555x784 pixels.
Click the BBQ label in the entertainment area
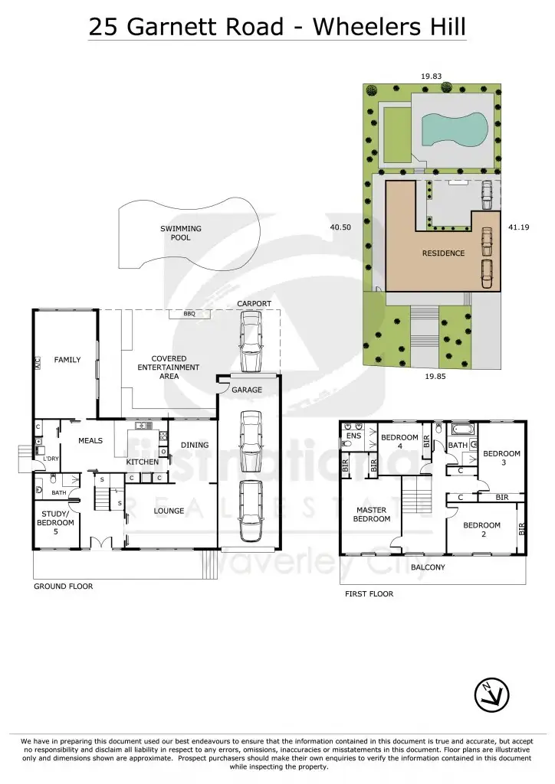[189, 314]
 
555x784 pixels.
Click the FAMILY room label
[67, 360]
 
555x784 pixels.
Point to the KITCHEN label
[143, 462]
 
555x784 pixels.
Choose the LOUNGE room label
[169, 511]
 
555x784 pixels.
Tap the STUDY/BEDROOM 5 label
[55, 528]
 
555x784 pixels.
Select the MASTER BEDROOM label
[371, 514]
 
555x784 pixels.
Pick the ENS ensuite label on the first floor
[353, 436]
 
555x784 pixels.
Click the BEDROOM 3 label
[501, 458]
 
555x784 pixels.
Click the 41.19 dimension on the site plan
[520, 227]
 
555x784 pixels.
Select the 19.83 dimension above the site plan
[432, 77]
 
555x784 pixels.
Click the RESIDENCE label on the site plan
[443, 253]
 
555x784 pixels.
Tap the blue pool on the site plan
[454, 129]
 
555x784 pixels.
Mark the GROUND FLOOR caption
[63, 586]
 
